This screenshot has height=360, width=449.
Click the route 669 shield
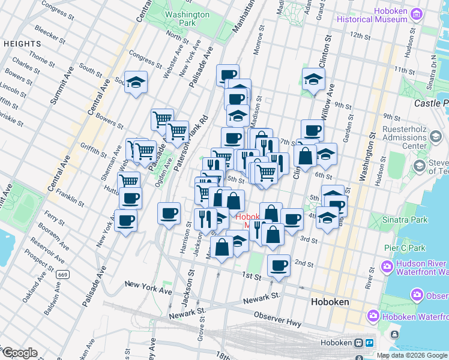point(62,274)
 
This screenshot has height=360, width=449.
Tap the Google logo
point(20,353)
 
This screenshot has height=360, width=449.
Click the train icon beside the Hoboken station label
point(358,343)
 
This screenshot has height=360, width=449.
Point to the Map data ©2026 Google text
point(411,355)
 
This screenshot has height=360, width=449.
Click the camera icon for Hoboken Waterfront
point(373,315)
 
